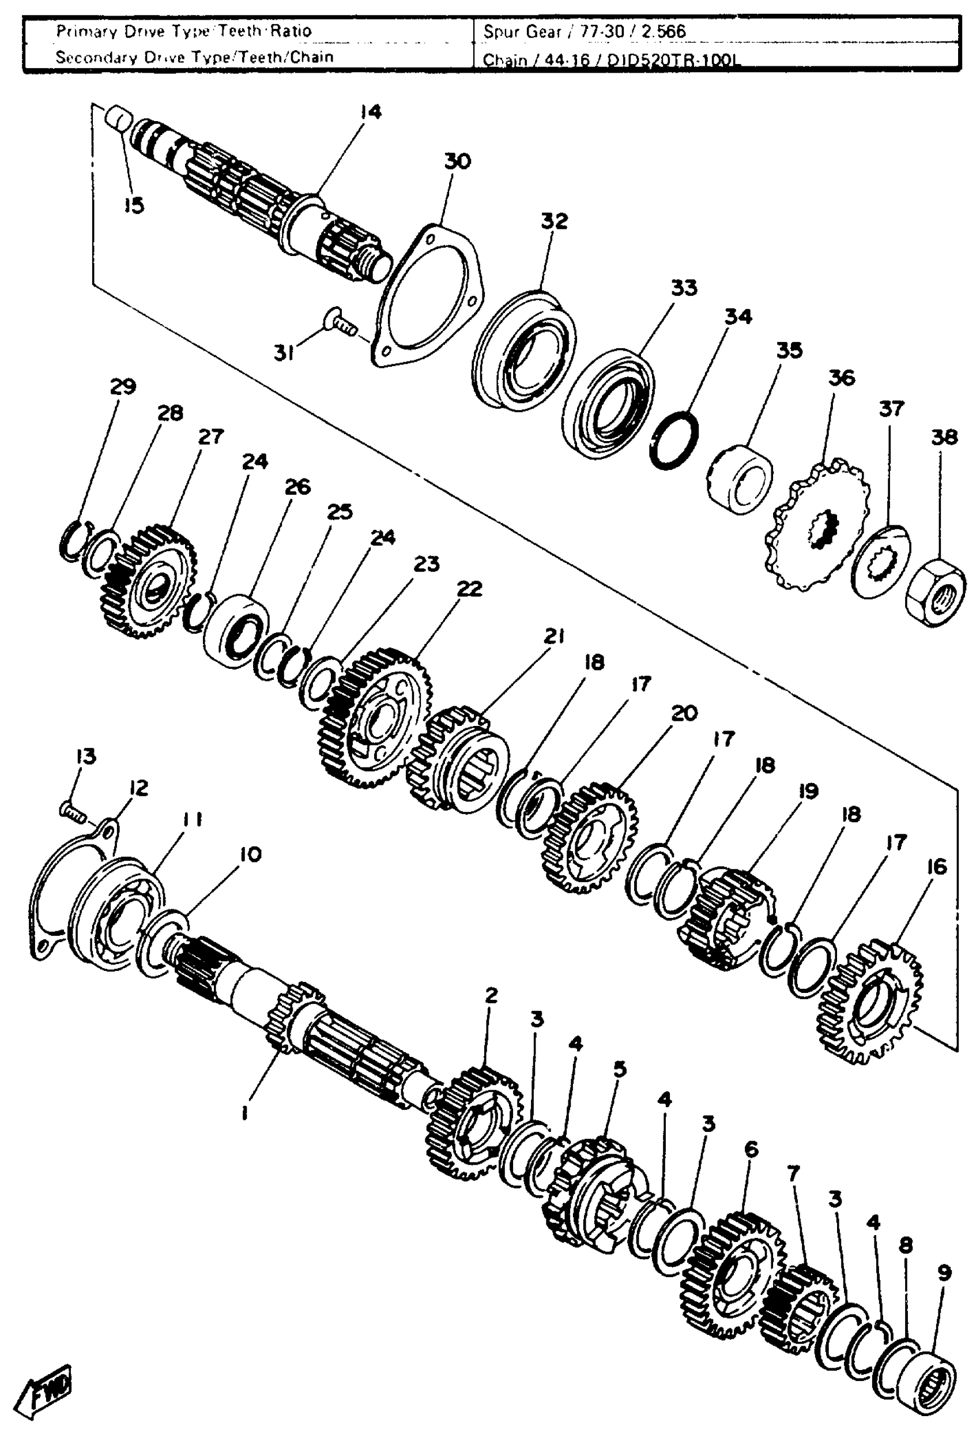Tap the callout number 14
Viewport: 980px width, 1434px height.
coord(371,112)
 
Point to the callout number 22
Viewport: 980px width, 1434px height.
coord(469,589)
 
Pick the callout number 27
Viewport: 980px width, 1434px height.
coord(210,436)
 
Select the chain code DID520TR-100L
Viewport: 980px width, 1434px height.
coord(673,61)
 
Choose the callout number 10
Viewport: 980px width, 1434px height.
coord(250,854)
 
